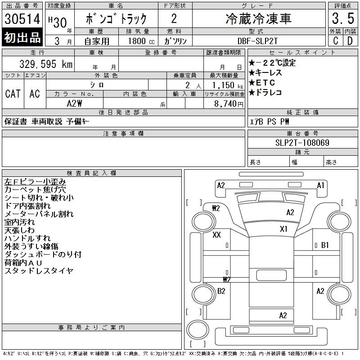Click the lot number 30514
22,18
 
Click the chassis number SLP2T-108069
302,143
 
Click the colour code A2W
74,103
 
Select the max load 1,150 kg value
225,85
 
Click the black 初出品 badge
22,38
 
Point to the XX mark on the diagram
216,235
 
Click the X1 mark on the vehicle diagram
283,229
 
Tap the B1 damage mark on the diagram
325,245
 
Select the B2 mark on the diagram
221,291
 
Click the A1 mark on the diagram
320,185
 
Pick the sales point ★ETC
265,83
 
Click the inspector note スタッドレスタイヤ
39,271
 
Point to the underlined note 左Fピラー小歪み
36,182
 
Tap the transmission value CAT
13,94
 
